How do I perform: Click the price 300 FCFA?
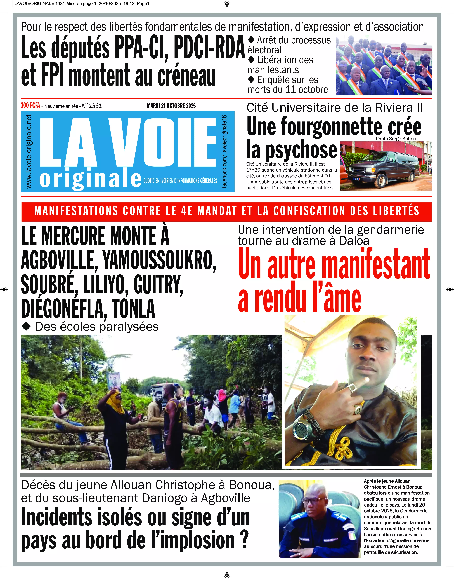coord(30,106)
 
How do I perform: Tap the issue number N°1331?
coord(92,106)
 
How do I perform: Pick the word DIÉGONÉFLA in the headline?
coord(64,309)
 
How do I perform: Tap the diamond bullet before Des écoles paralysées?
coord(26,327)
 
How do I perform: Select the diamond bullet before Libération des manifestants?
coord(251,60)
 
